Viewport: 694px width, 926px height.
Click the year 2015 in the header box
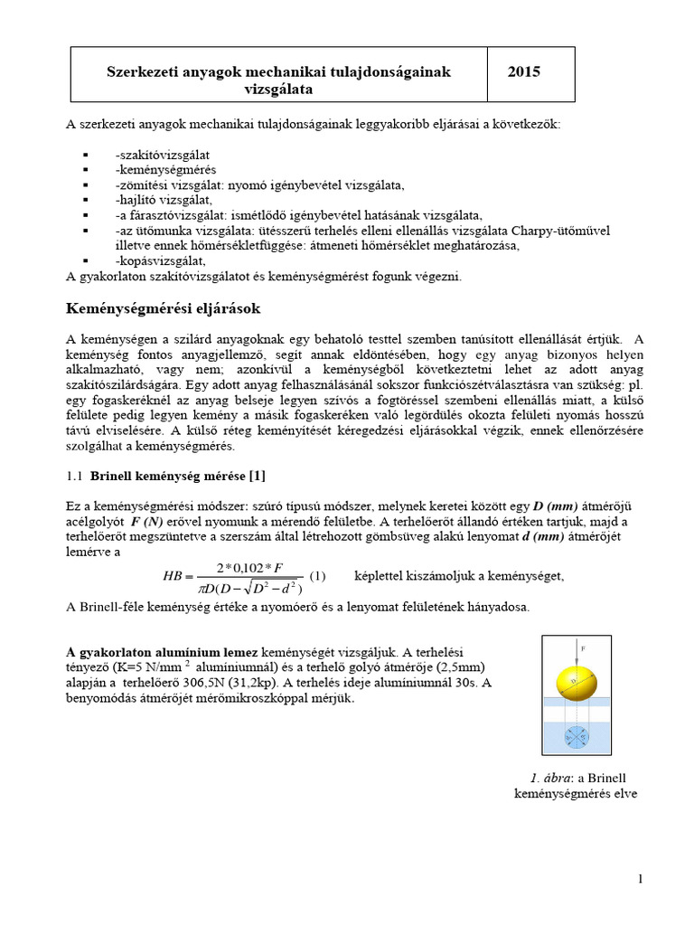tap(525, 71)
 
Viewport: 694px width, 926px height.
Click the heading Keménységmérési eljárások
tap(164, 308)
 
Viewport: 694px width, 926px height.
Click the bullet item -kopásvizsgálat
tap(155, 260)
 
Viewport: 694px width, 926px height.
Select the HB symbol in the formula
tap(173, 575)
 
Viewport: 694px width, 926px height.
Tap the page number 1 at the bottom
tap(640, 878)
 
